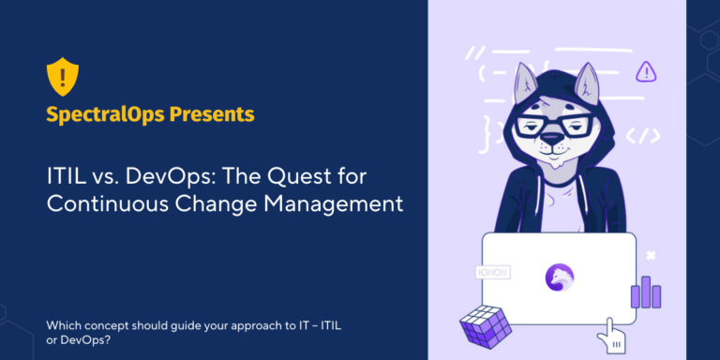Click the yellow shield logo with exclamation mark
point(63,76)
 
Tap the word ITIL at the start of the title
point(64,175)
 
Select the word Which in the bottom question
point(63,325)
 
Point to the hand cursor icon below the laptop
point(614,334)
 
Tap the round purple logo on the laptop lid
point(559,276)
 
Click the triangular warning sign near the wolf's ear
point(645,71)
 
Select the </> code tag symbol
point(643,135)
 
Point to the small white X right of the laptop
point(650,255)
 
